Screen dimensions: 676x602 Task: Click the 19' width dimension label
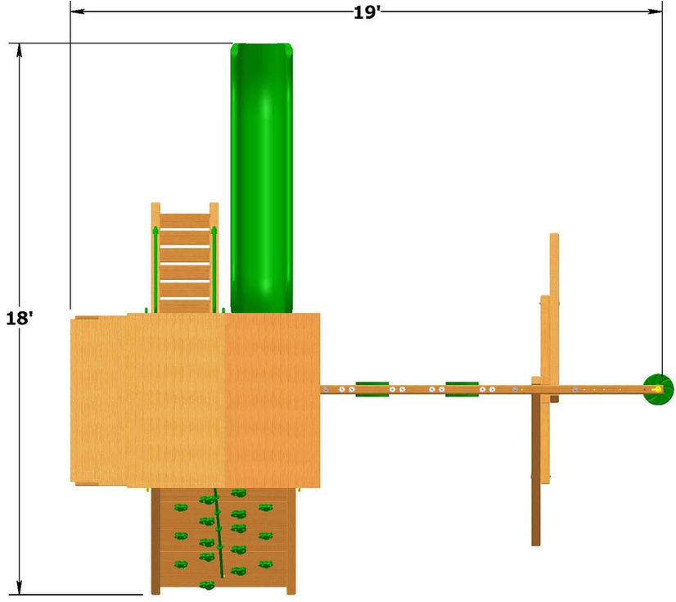(367, 12)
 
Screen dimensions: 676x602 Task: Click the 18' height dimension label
(19, 318)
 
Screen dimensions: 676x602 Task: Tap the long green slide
(262, 178)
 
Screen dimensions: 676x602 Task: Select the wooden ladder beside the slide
(185, 258)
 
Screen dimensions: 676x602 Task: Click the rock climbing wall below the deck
(223, 541)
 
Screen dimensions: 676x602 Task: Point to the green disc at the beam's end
(658, 389)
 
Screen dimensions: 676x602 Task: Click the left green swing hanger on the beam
(372, 389)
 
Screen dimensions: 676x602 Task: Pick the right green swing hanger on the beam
(462, 389)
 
